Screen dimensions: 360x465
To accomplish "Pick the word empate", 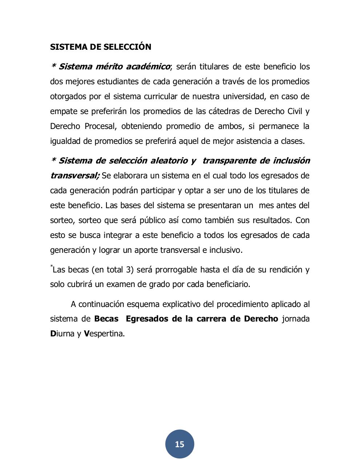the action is point(63,112).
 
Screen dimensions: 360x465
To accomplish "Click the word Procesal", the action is point(100,126).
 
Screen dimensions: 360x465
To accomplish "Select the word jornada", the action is point(296,319).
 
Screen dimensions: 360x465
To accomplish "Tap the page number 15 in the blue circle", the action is point(180,444).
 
